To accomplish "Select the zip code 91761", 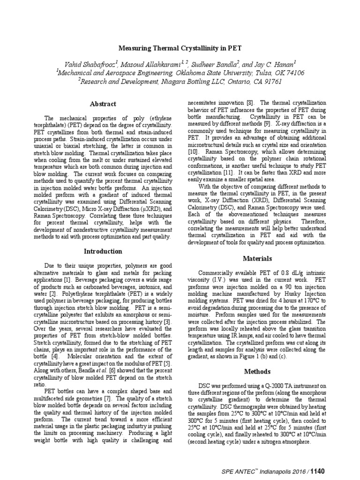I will click(270, 82).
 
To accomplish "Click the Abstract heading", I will click(103, 104).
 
